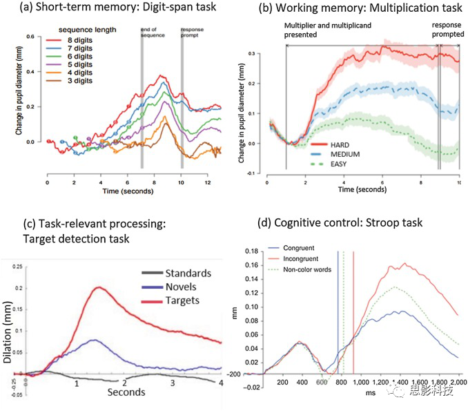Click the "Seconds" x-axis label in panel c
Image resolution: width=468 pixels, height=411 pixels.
[x=126, y=392]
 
